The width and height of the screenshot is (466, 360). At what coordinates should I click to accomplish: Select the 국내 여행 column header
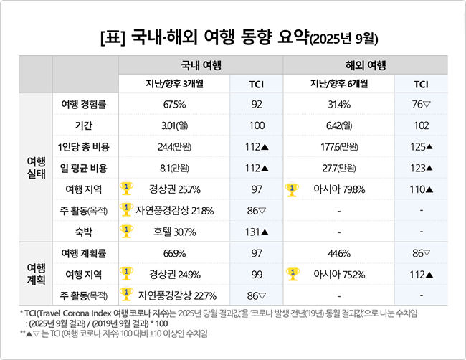[x=201, y=65]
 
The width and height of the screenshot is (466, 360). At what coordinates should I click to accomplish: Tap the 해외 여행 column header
[x=367, y=65]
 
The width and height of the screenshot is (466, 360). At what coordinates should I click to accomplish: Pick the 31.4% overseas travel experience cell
[x=338, y=105]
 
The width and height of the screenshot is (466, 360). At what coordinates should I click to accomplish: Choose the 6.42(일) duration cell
[x=338, y=126]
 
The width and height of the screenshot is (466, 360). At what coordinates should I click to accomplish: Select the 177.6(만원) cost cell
[x=338, y=147]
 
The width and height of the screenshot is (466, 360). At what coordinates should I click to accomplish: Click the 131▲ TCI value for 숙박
[x=256, y=232]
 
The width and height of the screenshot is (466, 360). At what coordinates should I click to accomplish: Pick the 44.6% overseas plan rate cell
[x=338, y=253]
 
